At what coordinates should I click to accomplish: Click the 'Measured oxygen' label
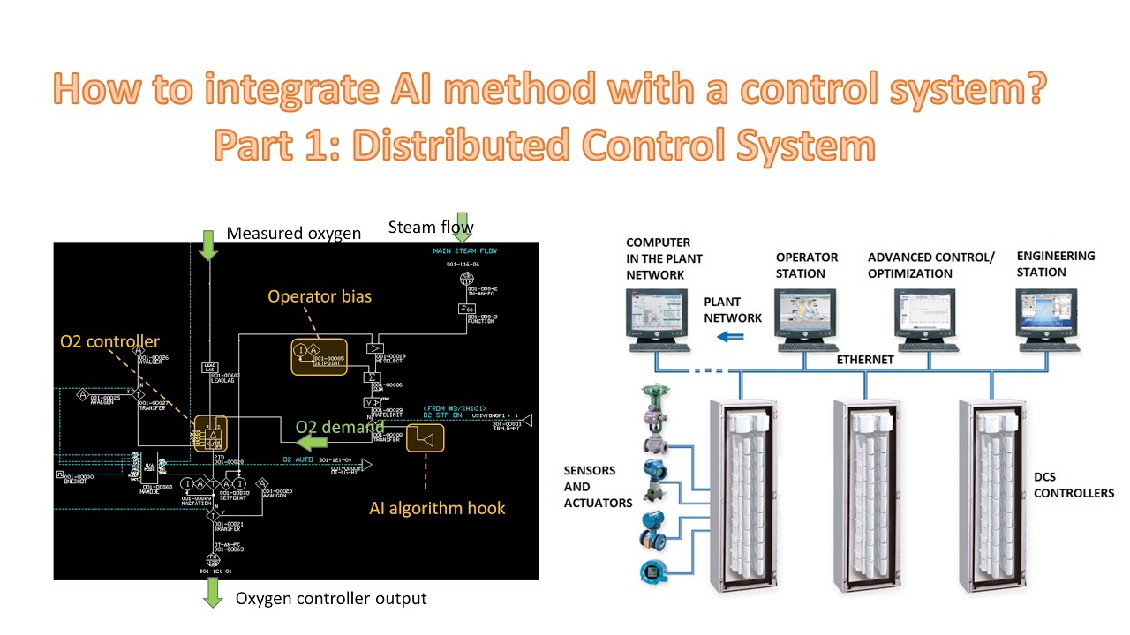point(293,234)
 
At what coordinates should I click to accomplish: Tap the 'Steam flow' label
point(431,228)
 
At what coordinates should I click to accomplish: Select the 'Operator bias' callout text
point(320,296)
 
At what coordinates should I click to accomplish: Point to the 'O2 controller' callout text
point(109,341)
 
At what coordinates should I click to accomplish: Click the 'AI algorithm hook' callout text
point(437,507)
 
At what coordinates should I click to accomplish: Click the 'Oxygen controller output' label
point(330,599)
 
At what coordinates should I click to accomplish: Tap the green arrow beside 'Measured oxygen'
point(208,244)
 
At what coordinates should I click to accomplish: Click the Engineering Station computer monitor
point(1049,312)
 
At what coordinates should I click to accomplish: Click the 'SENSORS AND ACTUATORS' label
point(598,487)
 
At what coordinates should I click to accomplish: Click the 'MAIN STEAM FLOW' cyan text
point(465,251)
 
